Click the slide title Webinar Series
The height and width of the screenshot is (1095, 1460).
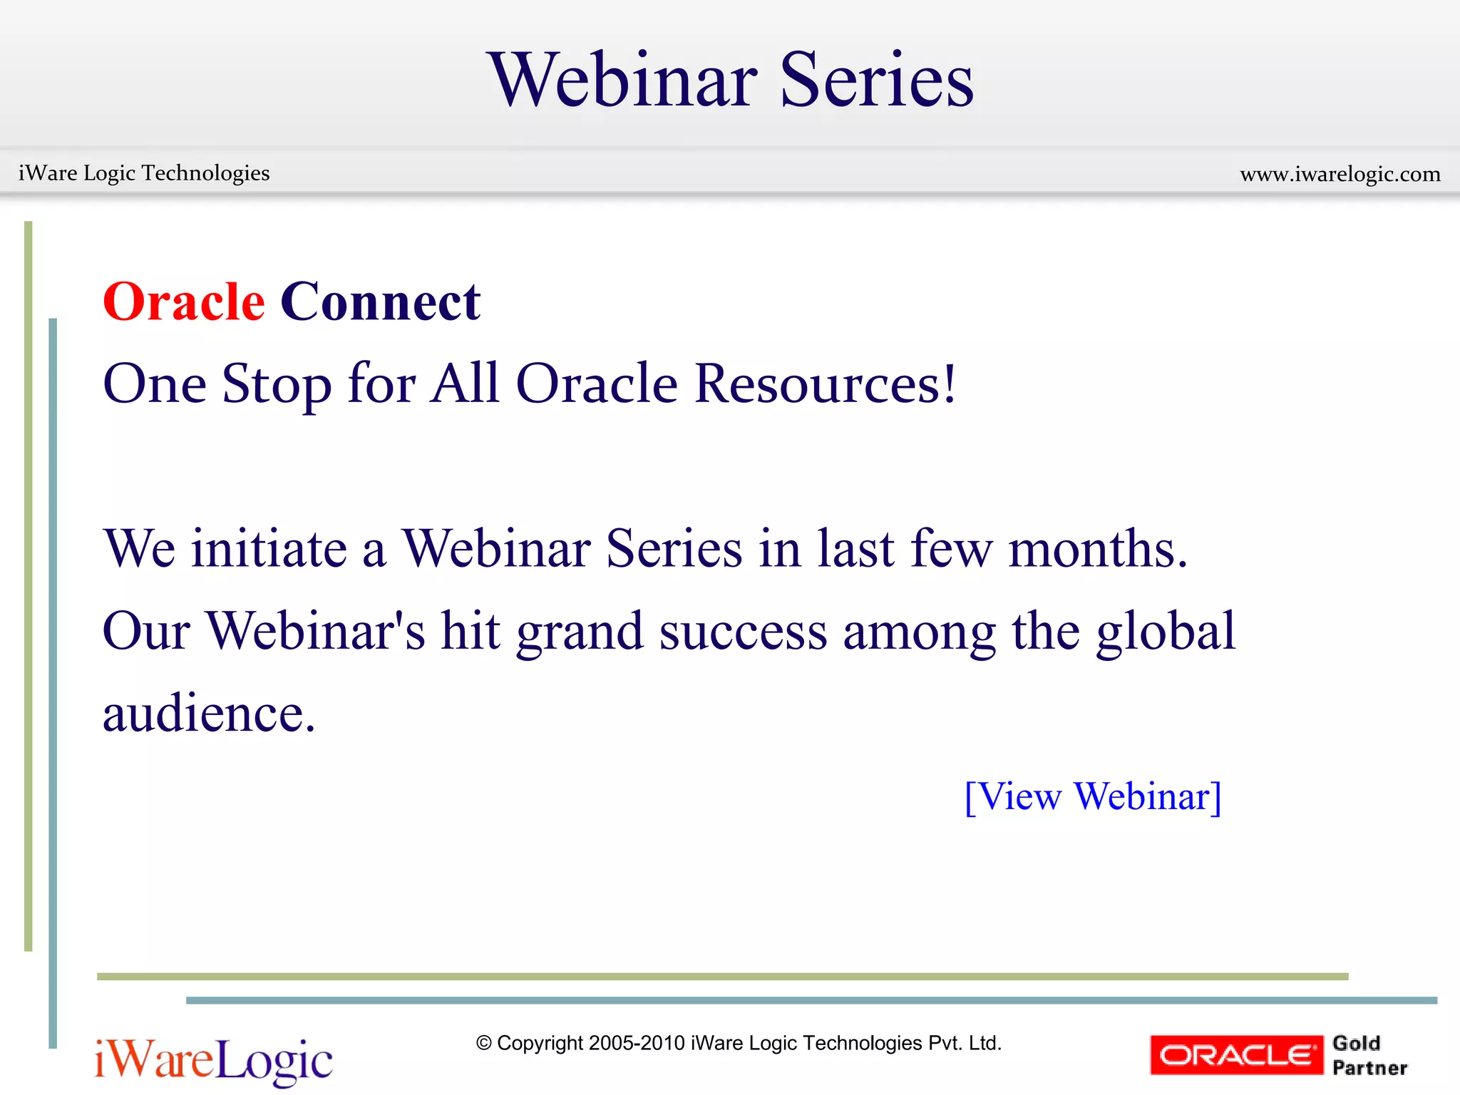[730, 80]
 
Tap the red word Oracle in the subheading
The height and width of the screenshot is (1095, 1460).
[184, 302]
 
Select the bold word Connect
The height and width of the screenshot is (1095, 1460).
[380, 302]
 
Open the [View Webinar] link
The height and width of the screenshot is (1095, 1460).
[1092, 796]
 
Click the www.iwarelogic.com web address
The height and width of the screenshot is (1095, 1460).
[1340, 174]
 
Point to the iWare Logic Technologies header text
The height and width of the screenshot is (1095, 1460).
[144, 173]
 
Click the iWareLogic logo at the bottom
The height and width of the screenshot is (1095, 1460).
[213, 1061]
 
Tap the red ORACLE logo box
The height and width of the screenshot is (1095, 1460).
[1235, 1055]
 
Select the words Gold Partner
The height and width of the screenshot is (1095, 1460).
[1369, 1055]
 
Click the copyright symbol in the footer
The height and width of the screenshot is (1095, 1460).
[484, 1044]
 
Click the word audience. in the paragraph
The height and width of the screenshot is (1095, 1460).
[209, 714]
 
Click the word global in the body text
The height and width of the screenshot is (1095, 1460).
[1166, 632]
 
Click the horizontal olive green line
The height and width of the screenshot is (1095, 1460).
[721, 977]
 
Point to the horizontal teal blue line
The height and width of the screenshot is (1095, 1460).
[811, 1000]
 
